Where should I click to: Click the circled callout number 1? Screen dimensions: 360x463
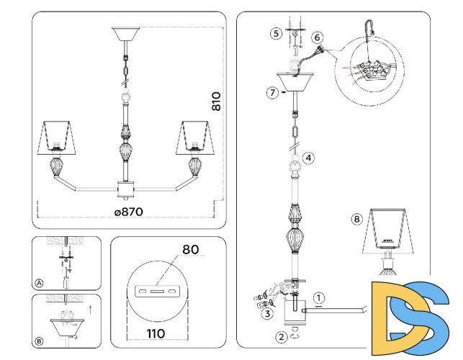(x=320, y=296)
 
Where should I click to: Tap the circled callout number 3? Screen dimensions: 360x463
(x=267, y=313)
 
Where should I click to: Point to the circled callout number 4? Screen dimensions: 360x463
(x=307, y=158)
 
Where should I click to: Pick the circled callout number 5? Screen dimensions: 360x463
(x=276, y=34)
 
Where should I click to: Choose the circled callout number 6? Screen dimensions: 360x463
(x=317, y=37)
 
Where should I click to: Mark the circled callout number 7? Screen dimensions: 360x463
(x=271, y=93)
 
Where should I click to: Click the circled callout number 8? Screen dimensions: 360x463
(x=356, y=219)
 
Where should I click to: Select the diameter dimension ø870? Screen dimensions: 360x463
(x=128, y=212)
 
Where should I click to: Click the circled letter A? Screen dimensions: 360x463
(x=39, y=283)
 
